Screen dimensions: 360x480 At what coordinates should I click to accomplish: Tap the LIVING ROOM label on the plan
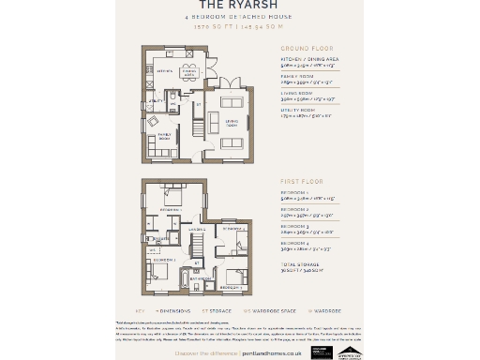click(x=231, y=122)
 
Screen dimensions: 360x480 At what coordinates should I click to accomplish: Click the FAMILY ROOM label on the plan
click(x=165, y=135)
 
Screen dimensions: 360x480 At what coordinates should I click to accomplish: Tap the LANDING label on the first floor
click(x=197, y=230)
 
